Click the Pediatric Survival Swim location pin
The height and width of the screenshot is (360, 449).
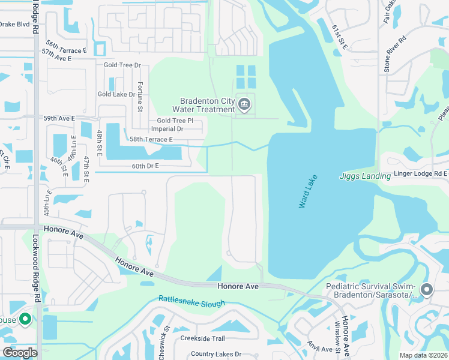(427, 290)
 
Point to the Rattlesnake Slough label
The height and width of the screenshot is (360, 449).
(191, 301)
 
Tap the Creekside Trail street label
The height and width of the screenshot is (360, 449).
(202, 338)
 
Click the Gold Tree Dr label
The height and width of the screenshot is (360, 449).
(122, 65)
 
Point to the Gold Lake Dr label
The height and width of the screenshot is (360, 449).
(116, 94)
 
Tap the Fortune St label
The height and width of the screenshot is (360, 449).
(140, 96)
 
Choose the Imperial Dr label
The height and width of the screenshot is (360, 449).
(167, 129)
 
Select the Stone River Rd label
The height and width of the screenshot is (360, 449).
(387, 54)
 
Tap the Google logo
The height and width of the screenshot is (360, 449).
(19, 353)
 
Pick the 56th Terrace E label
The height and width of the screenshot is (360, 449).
(66, 47)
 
